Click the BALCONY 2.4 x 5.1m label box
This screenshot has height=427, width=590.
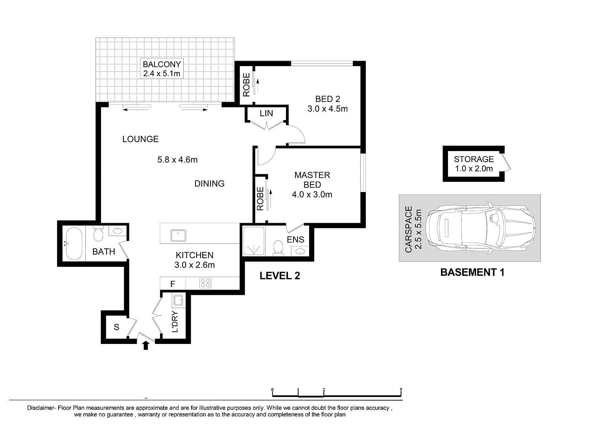(x=161, y=68)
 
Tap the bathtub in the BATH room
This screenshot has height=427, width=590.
(x=74, y=244)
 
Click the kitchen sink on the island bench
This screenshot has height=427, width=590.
(x=178, y=235)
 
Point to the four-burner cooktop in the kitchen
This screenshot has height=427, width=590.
(x=205, y=283)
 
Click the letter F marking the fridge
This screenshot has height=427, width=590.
(x=173, y=284)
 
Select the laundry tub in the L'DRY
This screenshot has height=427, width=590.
(x=178, y=300)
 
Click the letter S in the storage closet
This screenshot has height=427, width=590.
(x=116, y=327)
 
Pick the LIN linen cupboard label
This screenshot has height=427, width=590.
(x=266, y=113)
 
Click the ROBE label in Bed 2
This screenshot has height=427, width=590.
(x=246, y=85)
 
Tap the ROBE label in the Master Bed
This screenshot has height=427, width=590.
(x=260, y=198)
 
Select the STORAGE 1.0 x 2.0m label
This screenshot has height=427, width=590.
(x=474, y=164)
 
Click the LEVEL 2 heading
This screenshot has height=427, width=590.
(x=280, y=276)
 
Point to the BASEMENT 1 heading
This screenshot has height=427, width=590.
(x=472, y=272)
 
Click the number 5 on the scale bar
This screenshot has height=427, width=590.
(x=401, y=389)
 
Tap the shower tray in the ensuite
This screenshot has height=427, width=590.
(x=254, y=241)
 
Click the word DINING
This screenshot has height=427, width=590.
(x=209, y=183)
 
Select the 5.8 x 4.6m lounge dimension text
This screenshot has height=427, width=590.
(x=177, y=159)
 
